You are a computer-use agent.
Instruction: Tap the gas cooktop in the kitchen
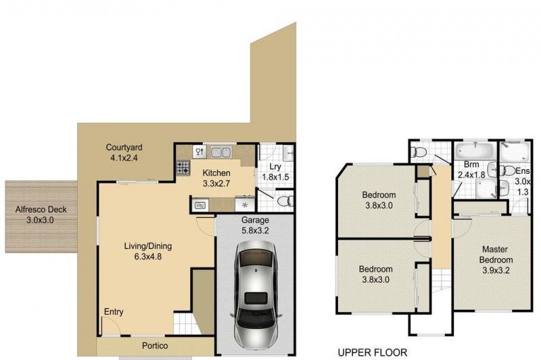(x=183, y=166)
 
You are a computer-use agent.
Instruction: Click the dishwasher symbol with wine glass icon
(x=199, y=151)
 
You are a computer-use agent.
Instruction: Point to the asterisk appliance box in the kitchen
(x=245, y=204)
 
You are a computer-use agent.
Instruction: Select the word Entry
(x=114, y=312)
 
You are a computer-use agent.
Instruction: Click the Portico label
(x=154, y=346)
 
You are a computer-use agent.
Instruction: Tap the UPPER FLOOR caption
(x=372, y=353)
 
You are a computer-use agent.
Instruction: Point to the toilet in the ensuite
(x=509, y=171)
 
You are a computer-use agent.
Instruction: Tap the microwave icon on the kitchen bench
(x=202, y=203)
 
